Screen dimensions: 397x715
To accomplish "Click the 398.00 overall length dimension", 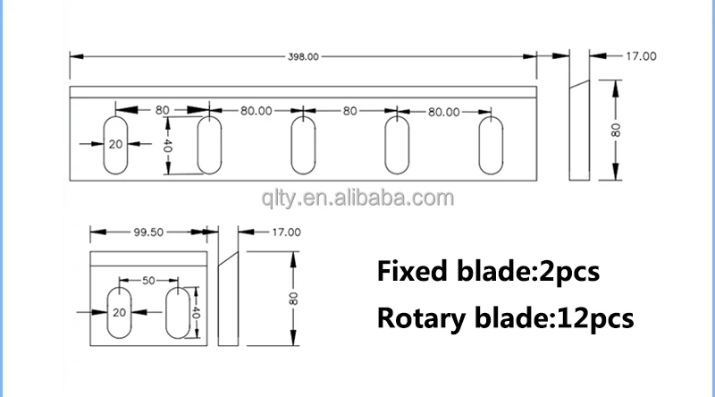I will (302, 56).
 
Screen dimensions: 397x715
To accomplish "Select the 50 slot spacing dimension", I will (148, 280).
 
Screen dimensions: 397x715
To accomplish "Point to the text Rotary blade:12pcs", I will (505, 317).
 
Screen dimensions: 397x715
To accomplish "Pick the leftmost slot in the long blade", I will (117, 145).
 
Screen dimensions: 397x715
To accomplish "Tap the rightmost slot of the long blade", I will (492, 145).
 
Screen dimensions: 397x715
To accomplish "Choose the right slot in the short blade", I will (177, 312).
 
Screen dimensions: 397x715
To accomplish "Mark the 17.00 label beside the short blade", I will (286, 232).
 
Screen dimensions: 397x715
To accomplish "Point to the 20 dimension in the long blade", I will (114, 144).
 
